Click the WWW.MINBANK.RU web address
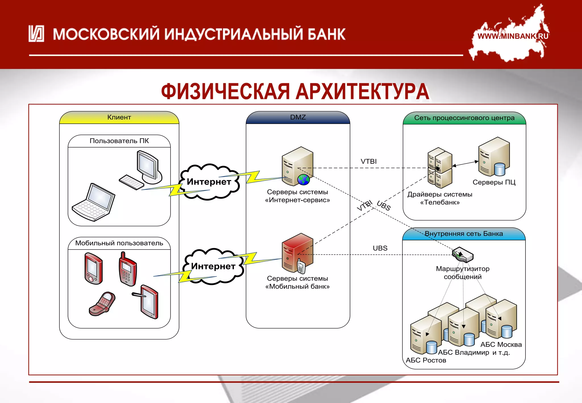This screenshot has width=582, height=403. pos(513,36)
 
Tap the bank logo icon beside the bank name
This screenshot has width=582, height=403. pos(36,34)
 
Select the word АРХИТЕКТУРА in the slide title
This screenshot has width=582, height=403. pos(362,92)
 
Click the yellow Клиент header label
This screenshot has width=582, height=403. pos(119,117)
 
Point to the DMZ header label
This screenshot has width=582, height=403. pos(298,117)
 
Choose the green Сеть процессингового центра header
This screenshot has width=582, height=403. pos(464,118)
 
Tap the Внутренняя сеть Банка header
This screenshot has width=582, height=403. pos(463,234)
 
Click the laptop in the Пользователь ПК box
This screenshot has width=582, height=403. pos(93,202)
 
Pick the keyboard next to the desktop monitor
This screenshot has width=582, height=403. pos(131,182)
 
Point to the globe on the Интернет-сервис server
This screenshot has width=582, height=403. pos(303,180)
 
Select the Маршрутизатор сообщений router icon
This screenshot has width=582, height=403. pos(463,254)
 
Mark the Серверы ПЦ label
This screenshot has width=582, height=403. pos(494,182)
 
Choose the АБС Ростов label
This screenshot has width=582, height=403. pos(426,360)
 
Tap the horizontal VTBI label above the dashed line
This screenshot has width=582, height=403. pos(369,161)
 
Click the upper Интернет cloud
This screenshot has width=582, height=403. pos(209,182)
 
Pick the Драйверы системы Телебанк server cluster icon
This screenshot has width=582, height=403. pos(440,168)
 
